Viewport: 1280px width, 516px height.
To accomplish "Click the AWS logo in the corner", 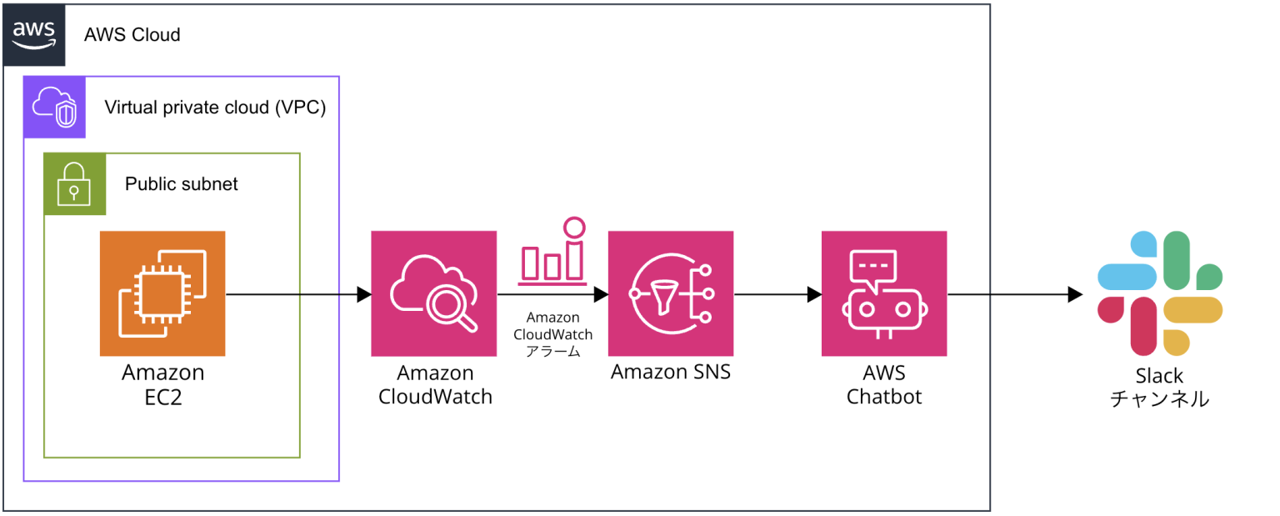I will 33,34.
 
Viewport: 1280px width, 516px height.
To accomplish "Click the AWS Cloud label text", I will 132,35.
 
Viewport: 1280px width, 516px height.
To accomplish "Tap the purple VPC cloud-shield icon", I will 54,107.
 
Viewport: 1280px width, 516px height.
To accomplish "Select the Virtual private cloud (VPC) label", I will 215,108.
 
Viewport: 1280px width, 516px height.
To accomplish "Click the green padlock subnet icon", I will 75,184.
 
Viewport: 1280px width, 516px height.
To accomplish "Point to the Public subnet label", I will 181,183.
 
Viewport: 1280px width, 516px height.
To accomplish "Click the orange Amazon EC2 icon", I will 162,293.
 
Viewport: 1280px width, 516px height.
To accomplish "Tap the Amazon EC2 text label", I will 162,384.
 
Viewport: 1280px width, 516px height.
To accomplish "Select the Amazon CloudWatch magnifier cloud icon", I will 434,293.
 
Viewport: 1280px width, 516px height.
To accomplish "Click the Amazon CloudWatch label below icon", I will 435,384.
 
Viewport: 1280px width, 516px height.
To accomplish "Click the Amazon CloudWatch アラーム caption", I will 552,334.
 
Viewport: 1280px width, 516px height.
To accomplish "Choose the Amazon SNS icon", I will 671,293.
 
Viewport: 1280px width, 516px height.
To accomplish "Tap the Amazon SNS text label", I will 671,372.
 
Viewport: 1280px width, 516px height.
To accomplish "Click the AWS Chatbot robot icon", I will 884,293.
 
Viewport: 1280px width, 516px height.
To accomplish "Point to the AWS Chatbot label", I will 884,384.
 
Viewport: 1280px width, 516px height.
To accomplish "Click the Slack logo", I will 1159,293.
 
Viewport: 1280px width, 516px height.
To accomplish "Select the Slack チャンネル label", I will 1159,388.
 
